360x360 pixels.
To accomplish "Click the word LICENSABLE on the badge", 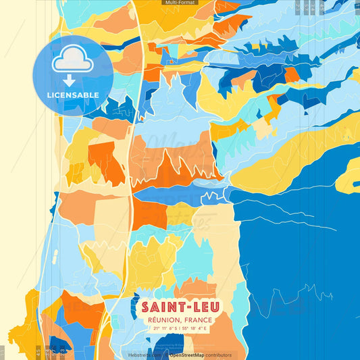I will [x=73, y=95].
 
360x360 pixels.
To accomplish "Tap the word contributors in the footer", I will [x=216, y=355].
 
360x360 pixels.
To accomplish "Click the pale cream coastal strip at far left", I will [x=20, y=203].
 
